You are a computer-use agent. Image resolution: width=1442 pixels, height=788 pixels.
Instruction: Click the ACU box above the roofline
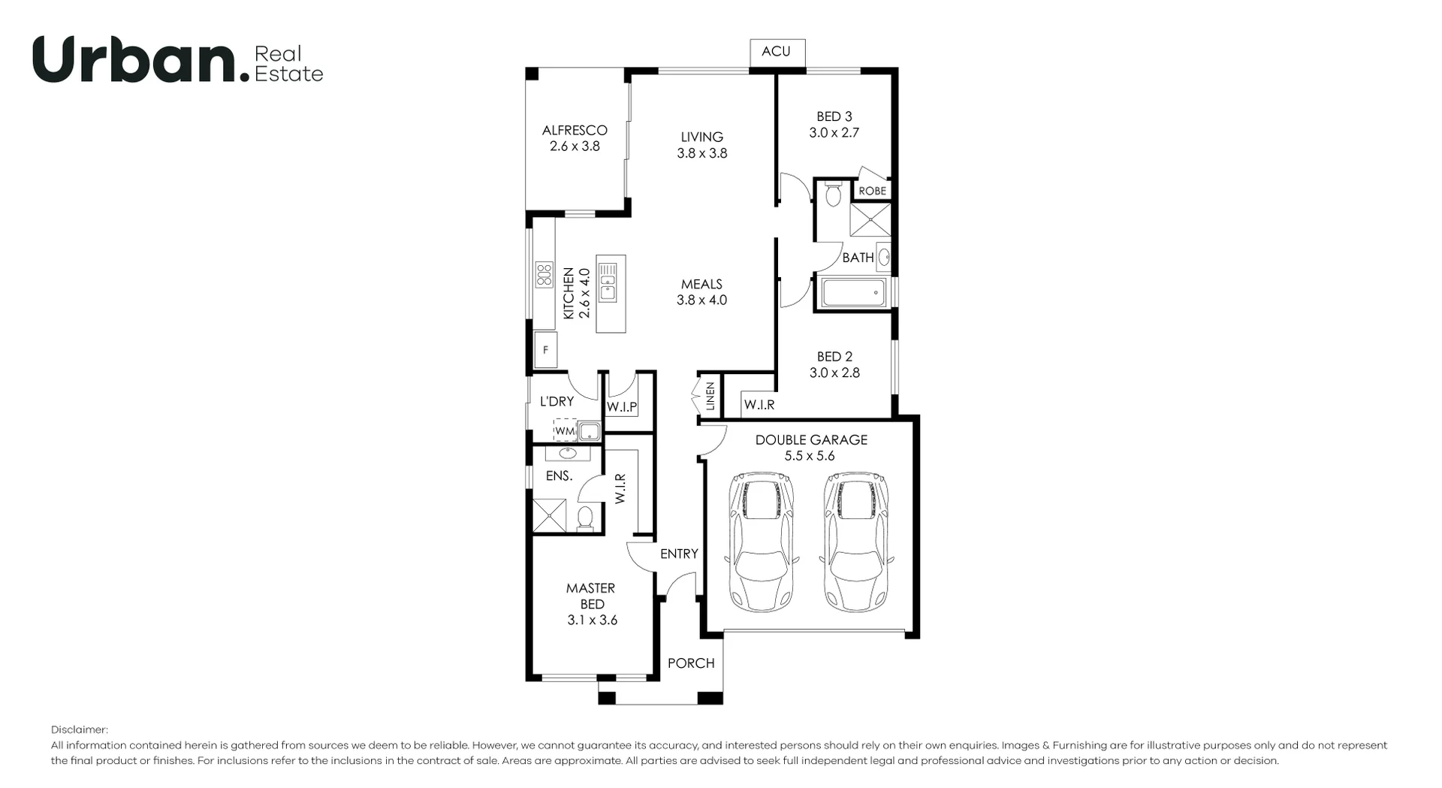click(x=777, y=52)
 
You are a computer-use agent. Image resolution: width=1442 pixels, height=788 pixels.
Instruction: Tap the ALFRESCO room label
click(x=575, y=130)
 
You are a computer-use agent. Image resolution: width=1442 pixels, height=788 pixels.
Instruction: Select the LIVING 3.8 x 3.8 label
click(x=701, y=145)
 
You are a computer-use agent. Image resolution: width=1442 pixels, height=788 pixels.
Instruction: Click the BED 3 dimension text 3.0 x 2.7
click(x=834, y=133)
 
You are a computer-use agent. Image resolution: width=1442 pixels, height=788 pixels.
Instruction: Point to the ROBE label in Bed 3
click(x=872, y=191)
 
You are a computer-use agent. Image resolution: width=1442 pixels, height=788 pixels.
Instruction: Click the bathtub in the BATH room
click(x=854, y=293)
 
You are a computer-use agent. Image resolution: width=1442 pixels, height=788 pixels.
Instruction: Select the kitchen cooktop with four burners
click(x=544, y=274)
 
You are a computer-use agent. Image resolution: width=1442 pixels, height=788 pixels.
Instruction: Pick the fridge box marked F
click(x=546, y=351)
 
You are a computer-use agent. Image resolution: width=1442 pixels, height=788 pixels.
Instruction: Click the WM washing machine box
click(x=564, y=431)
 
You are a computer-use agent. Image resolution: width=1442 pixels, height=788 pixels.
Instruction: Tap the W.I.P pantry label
click(x=622, y=407)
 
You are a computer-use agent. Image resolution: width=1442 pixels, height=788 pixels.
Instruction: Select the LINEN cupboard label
click(x=710, y=396)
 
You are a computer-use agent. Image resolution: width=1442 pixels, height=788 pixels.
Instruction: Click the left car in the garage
click(x=762, y=541)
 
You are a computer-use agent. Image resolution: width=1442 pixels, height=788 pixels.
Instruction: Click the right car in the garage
click(x=855, y=541)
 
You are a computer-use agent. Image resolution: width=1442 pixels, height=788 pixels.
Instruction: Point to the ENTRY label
click(x=679, y=554)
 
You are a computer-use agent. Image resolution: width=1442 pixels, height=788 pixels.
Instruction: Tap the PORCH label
click(x=691, y=663)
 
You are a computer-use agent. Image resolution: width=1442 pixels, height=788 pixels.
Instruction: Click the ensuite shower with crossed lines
click(x=549, y=515)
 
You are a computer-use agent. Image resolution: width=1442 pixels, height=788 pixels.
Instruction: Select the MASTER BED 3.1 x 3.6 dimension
click(x=592, y=620)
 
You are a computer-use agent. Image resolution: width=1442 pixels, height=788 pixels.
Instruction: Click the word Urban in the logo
click(x=135, y=59)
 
